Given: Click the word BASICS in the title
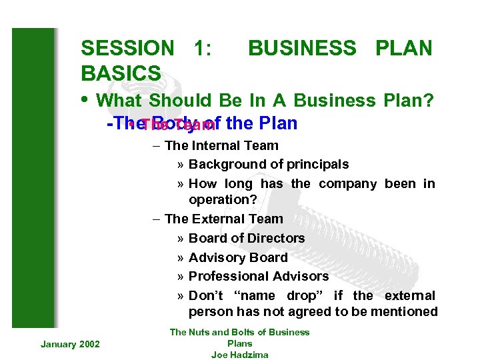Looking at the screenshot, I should [x=121, y=73].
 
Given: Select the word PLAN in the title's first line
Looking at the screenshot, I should [x=404, y=48].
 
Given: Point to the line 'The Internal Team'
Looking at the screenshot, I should [x=221, y=145].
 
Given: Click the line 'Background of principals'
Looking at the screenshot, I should [x=268, y=164].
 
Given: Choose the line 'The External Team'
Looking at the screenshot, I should [x=223, y=219].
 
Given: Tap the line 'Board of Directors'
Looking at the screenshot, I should [x=247, y=238].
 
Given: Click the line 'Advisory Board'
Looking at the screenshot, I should [x=238, y=257].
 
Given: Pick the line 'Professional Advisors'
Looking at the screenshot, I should [x=259, y=276].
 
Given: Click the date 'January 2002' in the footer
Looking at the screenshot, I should [x=70, y=343].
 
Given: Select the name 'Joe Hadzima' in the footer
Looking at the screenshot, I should [x=239, y=355].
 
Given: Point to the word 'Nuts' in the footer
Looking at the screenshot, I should [x=200, y=332].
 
